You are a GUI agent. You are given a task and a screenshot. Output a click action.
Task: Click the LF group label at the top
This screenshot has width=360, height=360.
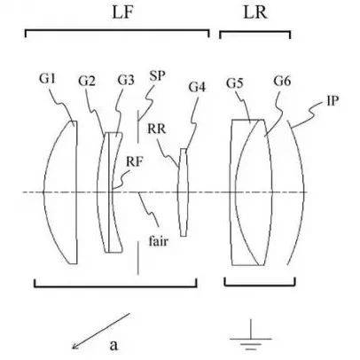pos(123,13)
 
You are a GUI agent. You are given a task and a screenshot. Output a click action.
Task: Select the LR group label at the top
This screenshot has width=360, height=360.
pos(255,13)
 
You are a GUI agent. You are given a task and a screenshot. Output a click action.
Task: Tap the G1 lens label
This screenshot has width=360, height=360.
pos(48,79)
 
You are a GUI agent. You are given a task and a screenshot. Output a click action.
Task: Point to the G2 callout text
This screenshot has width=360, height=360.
pos(87,81)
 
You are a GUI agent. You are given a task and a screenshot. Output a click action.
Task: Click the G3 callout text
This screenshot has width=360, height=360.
pos(126,80)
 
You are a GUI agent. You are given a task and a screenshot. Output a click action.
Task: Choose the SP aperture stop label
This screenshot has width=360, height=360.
pos(157,76)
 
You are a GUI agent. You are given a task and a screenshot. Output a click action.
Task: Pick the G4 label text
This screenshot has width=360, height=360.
pos(197,87)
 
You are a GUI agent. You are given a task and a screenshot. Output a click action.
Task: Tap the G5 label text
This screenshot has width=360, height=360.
pos(235,83)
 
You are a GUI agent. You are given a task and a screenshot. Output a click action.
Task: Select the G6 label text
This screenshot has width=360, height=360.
pos(282,81)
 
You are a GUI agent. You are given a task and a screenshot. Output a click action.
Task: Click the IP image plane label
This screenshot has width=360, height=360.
pos(333,101)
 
